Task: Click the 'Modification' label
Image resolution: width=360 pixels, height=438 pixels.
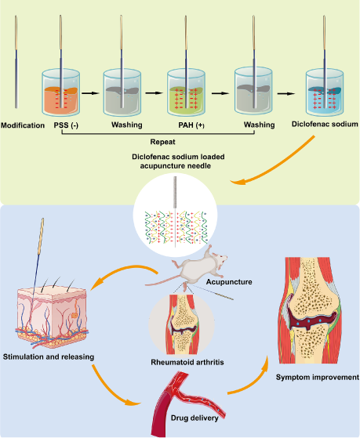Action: pyautogui.click(x=23, y=125)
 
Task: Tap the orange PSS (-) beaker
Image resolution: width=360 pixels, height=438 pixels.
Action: pyautogui.click(x=61, y=92)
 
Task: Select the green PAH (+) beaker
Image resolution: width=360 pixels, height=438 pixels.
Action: pyautogui.click(x=187, y=92)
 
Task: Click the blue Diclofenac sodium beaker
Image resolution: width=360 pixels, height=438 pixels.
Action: pyautogui.click(x=325, y=92)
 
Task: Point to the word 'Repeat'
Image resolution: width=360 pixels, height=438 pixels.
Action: pyautogui.click(x=163, y=142)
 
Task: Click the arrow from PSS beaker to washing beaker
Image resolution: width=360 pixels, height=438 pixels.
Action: pyautogui.click(x=91, y=93)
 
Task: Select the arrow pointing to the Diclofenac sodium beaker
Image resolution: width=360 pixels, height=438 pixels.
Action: pyautogui.click(x=286, y=93)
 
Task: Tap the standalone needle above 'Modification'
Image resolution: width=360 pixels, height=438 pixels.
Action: pyautogui.click(x=16, y=62)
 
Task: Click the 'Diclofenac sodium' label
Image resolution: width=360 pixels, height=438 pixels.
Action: pyautogui.click(x=325, y=124)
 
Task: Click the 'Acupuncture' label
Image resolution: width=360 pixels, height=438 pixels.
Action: pyautogui.click(x=229, y=282)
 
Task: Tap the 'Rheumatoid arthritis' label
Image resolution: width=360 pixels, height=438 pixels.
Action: pyautogui.click(x=187, y=362)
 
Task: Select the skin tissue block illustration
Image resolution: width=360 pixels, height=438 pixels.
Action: pyautogui.click(x=52, y=317)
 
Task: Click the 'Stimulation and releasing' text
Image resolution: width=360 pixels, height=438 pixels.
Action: pyautogui.click(x=49, y=357)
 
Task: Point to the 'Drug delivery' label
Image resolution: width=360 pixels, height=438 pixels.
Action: pyautogui.click(x=195, y=418)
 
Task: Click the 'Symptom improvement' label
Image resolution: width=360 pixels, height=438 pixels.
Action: pyautogui.click(x=318, y=377)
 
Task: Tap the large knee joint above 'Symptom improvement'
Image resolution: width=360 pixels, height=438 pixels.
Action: pyautogui.click(x=310, y=310)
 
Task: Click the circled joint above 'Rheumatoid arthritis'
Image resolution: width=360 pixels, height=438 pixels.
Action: pyautogui.click(x=181, y=324)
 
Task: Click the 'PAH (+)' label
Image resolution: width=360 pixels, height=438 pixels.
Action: pyautogui.click(x=191, y=125)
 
